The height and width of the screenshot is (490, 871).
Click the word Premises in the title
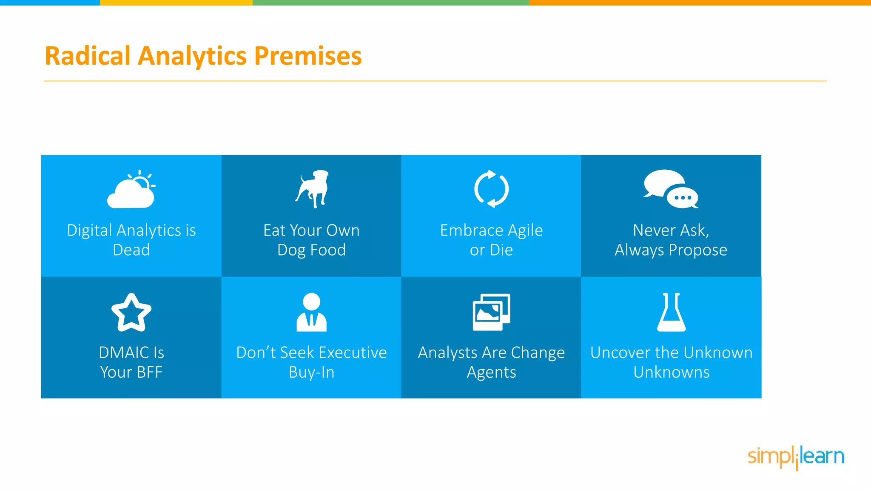click(308, 56)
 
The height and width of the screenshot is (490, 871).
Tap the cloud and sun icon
click(131, 190)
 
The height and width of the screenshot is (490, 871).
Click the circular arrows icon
click(491, 189)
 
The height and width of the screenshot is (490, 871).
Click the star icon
click(131, 313)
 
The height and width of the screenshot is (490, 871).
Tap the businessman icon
click(311, 312)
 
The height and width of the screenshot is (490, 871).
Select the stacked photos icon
click(491, 312)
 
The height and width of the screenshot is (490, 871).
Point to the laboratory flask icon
click(671, 312)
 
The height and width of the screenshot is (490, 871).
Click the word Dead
click(131, 250)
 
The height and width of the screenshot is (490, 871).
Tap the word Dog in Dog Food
click(291, 250)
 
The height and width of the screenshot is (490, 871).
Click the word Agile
click(525, 231)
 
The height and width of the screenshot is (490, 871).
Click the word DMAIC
click(124, 353)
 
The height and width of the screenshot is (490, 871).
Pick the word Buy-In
click(311, 372)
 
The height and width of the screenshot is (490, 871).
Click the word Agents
click(491, 372)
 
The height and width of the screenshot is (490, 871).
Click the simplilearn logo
click(796, 457)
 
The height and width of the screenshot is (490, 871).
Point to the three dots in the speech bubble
click(683, 198)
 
